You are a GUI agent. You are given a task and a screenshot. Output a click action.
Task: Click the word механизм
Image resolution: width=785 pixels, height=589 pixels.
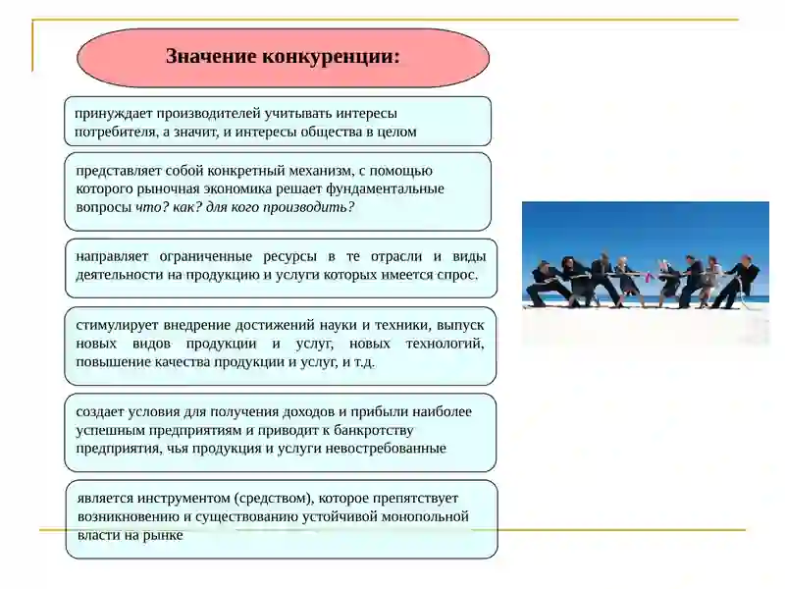coord(334,171)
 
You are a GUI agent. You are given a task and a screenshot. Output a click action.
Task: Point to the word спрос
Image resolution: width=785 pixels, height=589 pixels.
coord(457,275)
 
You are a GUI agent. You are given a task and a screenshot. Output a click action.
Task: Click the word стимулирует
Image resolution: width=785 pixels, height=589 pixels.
coord(121,324)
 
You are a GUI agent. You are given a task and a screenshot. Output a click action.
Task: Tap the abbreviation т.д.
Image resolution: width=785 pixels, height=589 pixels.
coord(363,361)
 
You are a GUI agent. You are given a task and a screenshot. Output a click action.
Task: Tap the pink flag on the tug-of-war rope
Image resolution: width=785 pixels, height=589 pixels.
coord(647,278)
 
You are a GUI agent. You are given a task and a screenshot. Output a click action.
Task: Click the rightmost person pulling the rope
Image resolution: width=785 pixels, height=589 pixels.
coord(741,281)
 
